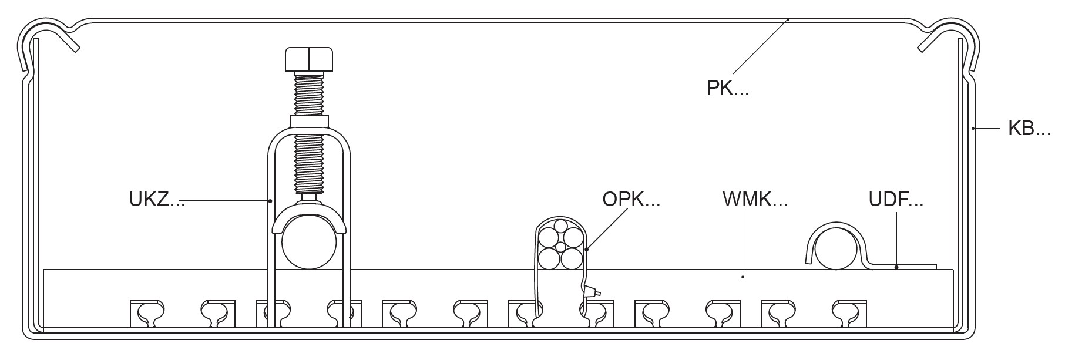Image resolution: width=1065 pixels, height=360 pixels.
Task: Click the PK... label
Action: pos(727,88)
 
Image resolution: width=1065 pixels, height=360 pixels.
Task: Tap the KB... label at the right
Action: pos(1029,129)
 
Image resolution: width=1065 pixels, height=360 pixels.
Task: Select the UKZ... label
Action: pos(156,200)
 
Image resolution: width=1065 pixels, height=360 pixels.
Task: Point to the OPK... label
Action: pos(631,200)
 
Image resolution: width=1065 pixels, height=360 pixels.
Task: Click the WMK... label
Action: pos(754,200)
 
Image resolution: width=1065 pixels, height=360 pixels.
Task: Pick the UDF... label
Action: pos(895,200)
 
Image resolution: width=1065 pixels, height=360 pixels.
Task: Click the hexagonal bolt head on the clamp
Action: pos(309,59)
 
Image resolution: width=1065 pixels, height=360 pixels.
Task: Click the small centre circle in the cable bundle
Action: pos(560,247)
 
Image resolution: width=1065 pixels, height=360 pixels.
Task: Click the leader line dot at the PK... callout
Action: pos(788,19)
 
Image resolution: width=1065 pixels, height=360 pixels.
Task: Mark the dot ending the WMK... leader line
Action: pos(743,277)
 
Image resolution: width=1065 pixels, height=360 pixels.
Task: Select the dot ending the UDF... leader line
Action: pos(896,268)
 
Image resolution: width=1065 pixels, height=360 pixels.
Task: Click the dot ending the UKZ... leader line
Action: pos(270,201)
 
